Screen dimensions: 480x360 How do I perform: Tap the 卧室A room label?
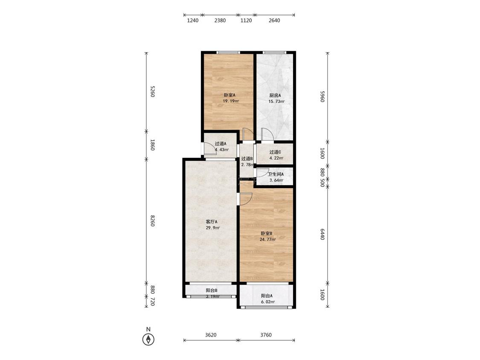pyautogui.click(x=230, y=95)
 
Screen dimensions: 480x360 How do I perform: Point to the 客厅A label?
pyautogui.click(x=211, y=222)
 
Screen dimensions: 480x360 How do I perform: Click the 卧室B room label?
pyautogui.click(x=266, y=234)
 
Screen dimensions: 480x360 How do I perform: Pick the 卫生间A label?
pyautogui.click(x=276, y=174)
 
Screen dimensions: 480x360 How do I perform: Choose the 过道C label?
pyautogui.click(x=275, y=152)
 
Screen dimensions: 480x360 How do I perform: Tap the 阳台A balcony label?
pyautogui.click(x=267, y=296)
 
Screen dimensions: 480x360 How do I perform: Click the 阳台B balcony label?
pyautogui.click(x=212, y=290)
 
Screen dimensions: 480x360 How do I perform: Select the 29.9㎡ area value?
pyautogui.click(x=213, y=228)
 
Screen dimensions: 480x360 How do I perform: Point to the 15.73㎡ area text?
pyautogui.click(x=276, y=102)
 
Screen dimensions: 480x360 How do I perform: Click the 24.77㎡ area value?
pyautogui.click(x=268, y=239)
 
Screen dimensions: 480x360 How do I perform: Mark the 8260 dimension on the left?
pyautogui.click(x=152, y=221)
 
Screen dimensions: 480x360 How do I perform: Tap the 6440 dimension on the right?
pyautogui.click(x=322, y=234)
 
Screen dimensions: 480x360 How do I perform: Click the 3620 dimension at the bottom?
pyautogui.click(x=211, y=335)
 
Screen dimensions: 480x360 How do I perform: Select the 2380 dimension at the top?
pyautogui.click(x=220, y=20)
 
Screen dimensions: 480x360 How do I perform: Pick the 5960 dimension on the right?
pyautogui.click(x=322, y=96)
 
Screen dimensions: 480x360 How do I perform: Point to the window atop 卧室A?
pyautogui.click(x=228, y=52)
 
